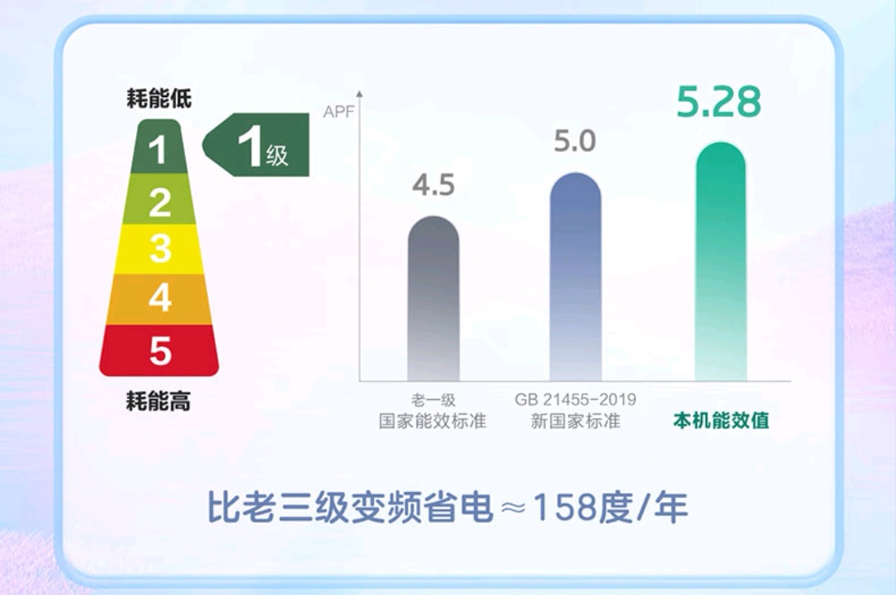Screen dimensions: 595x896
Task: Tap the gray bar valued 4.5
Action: pos(433,299)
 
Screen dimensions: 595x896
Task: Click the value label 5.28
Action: pos(718,101)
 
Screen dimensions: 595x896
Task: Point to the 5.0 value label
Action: pos(575,142)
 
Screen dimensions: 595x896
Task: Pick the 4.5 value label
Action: pos(433,185)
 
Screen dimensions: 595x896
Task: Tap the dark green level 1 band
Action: pos(159,149)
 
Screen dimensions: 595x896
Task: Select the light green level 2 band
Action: pos(159,202)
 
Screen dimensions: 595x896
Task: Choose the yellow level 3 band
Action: pos(159,249)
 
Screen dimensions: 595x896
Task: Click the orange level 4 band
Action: pos(159,298)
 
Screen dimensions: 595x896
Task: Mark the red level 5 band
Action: pos(159,350)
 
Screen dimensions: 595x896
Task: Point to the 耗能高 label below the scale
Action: pos(158,402)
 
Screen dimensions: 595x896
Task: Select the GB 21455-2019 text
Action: pos(575,399)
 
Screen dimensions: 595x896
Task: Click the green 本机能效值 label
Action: pos(720,420)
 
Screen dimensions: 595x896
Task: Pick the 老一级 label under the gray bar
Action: pos(433,399)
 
